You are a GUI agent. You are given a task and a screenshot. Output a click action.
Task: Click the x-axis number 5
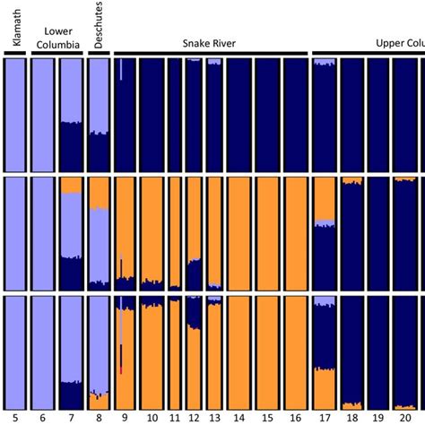point(15,418)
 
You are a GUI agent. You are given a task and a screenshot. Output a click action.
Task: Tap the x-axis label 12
point(194,418)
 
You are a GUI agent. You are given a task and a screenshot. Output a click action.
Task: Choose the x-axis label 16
point(295,418)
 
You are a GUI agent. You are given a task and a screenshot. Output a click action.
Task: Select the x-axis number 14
point(239,418)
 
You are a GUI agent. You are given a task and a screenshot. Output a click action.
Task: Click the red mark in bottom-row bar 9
point(120,369)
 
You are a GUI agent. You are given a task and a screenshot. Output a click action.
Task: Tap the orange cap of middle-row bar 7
point(70,186)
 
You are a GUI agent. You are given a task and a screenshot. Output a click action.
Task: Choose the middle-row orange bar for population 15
point(268,233)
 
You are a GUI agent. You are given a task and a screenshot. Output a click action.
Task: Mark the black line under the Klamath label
point(15,54)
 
